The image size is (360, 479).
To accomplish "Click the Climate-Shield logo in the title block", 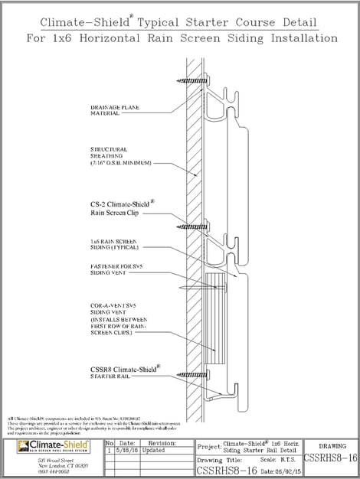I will coord(47,446).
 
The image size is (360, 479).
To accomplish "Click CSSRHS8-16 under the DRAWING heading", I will coord(330,458).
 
